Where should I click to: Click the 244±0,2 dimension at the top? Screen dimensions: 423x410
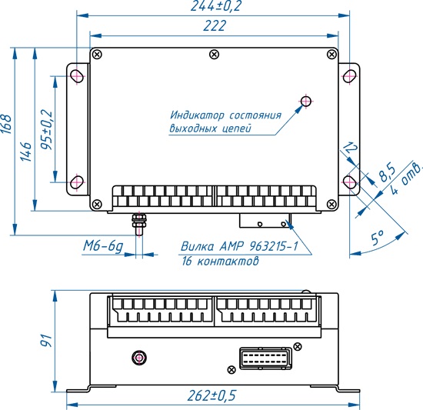(x=215, y=6)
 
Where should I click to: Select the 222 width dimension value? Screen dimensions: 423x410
(x=215, y=26)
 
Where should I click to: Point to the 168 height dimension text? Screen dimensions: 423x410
(x=6, y=125)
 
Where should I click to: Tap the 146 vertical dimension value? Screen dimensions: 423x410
(x=26, y=152)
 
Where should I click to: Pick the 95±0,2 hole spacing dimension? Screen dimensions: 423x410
(x=46, y=130)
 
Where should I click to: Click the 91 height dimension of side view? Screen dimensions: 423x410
(x=45, y=341)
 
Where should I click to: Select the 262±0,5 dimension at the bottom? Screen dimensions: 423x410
(x=211, y=395)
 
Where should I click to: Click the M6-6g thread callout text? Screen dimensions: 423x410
(x=103, y=246)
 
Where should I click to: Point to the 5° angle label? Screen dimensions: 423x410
(x=378, y=238)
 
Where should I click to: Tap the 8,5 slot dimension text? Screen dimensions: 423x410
(x=387, y=172)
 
